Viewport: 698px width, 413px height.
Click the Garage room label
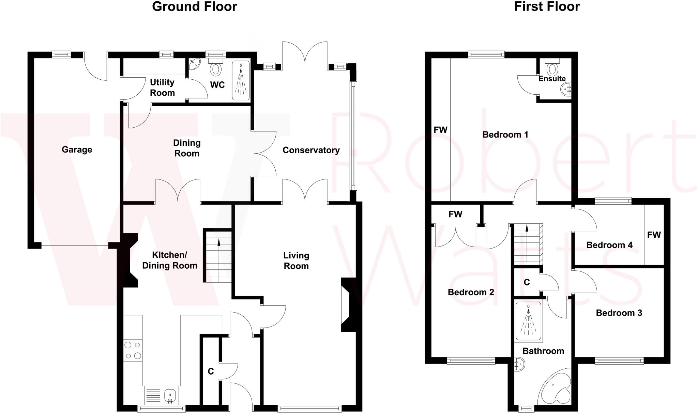(x=77, y=149)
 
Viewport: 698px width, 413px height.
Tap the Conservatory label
(x=311, y=150)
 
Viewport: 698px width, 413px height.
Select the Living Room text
(x=296, y=260)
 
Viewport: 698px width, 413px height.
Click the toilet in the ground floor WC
(x=215, y=68)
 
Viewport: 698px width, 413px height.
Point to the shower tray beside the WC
(x=241, y=81)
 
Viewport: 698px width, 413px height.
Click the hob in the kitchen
(x=133, y=350)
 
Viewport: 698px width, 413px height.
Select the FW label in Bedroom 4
(x=654, y=235)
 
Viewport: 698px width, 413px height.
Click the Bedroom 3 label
(x=619, y=313)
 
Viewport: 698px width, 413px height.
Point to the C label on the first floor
(x=527, y=282)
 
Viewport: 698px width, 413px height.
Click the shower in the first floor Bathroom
(x=528, y=321)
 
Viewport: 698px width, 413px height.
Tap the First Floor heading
(x=547, y=7)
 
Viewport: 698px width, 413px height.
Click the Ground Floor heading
(x=194, y=7)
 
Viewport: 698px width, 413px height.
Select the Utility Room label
(x=162, y=88)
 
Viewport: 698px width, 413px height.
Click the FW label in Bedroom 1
(x=440, y=130)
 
